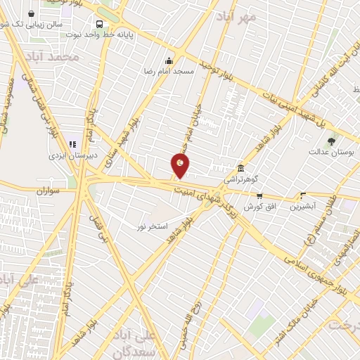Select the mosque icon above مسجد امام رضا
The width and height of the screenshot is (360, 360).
pos(168,60)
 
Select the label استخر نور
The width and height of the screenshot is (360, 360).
pos(152,226)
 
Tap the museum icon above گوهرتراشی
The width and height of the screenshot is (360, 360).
pos(241,169)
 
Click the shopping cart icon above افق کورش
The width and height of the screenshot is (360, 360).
pos(259,196)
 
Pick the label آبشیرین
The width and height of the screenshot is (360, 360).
pos(303,207)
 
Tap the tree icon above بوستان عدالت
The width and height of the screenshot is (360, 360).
pos(332,141)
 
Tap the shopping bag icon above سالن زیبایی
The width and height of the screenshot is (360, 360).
pos(32,13)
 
